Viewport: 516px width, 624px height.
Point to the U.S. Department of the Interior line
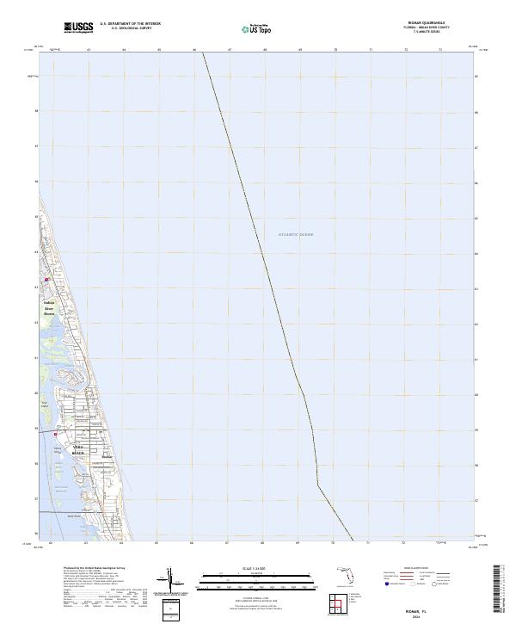130,24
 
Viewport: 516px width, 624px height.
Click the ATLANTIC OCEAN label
296,234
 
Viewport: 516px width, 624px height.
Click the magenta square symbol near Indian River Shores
48,278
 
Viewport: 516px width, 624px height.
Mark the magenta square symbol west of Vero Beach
58,434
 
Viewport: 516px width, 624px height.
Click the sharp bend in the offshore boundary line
317,485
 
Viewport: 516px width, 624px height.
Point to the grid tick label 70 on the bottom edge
335,543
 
